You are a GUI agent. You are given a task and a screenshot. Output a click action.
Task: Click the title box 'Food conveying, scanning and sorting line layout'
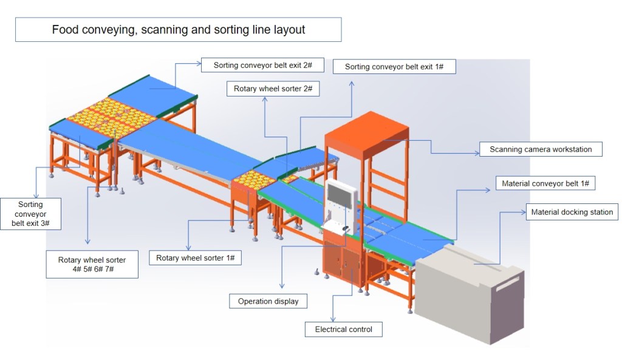[x=178, y=29]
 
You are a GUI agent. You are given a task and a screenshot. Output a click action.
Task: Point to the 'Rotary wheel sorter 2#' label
[x=273, y=89]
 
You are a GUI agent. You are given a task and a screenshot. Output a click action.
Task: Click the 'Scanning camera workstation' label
[x=540, y=149]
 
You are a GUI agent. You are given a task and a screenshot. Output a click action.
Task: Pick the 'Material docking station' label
[x=572, y=212]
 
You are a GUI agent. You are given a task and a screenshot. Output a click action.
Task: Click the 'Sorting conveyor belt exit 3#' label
[x=30, y=214]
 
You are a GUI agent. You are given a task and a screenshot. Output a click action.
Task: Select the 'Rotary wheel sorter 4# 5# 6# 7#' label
[x=92, y=264]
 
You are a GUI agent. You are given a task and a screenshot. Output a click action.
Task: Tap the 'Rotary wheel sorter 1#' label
[x=195, y=258]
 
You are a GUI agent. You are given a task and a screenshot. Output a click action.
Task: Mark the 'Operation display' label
[x=268, y=301]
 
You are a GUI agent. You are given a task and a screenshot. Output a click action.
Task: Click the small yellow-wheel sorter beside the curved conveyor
[x=289, y=179]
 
